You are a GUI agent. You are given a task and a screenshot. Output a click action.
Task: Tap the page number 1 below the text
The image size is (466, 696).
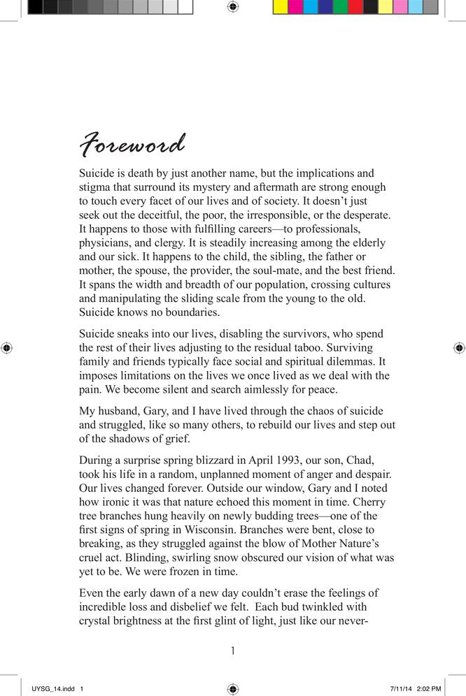[x=233, y=651]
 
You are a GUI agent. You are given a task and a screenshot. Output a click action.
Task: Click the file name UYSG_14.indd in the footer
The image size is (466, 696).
[x=54, y=688]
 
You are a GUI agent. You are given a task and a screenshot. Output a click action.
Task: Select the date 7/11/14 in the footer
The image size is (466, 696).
[x=402, y=688]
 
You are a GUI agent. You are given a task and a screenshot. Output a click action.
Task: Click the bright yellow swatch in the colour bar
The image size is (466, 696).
[x=279, y=7]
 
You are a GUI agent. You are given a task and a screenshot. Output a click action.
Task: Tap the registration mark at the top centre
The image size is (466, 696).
[x=233, y=7]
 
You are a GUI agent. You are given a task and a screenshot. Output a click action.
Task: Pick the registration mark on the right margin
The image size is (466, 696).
[x=459, y=347]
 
